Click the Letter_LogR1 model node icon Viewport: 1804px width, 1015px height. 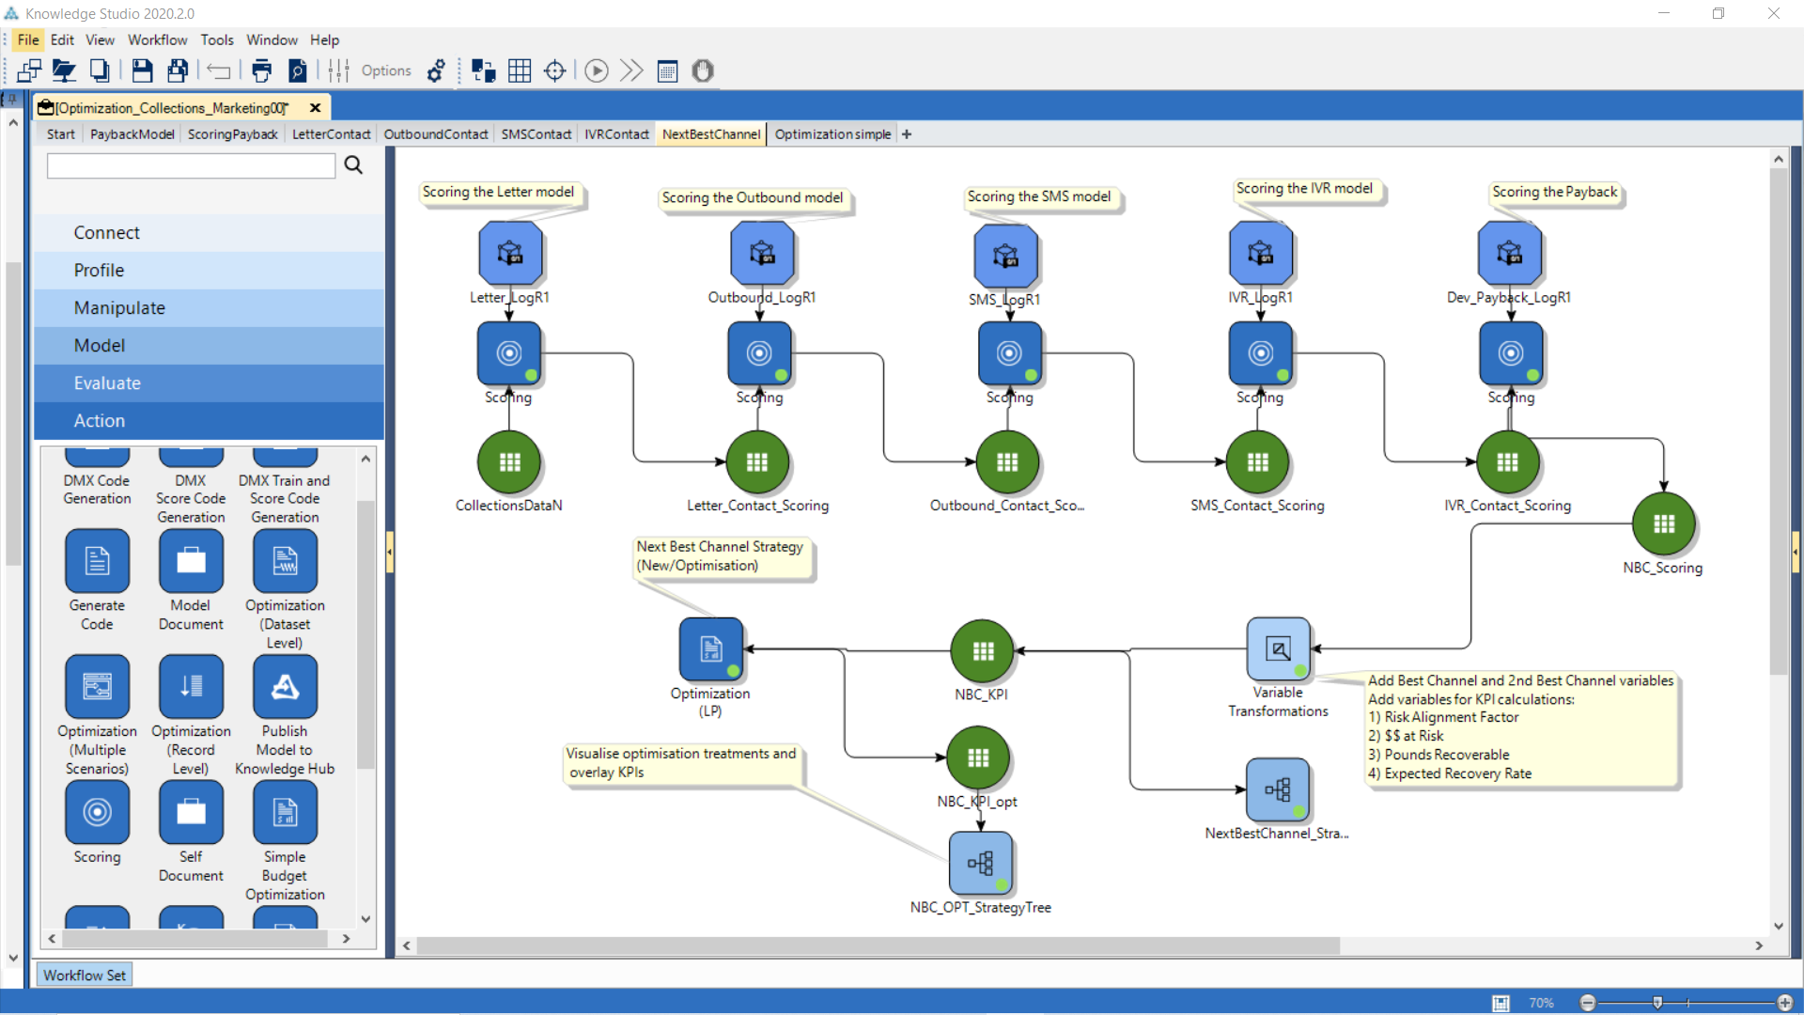point(510,254)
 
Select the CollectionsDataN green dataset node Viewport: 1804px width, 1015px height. point(509,462)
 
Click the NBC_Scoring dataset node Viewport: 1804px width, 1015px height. point(1663,524)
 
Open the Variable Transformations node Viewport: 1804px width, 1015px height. point(1278,649)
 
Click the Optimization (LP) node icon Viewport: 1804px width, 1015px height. point(711,649)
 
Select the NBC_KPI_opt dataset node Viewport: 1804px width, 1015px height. point(978,758)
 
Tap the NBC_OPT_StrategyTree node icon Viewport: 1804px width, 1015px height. point(980,863)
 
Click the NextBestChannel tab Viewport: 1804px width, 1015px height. point(710,134)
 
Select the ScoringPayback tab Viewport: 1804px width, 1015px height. point(232,134)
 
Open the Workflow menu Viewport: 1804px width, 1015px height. point(157,39)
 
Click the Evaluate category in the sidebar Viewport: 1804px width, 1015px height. point(107,383)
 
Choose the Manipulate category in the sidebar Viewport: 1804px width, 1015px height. point(119,308)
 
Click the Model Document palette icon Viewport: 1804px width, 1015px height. point(191,561)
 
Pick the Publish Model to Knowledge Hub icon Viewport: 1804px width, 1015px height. point(285,687)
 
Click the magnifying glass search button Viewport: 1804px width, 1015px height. point(353,165)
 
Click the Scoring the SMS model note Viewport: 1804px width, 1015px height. point(1038,196)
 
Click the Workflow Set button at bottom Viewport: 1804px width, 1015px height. point(85,976)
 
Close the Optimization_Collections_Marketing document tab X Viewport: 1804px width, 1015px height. point(316,108)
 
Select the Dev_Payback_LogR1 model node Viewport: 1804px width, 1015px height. point(1509,254)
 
